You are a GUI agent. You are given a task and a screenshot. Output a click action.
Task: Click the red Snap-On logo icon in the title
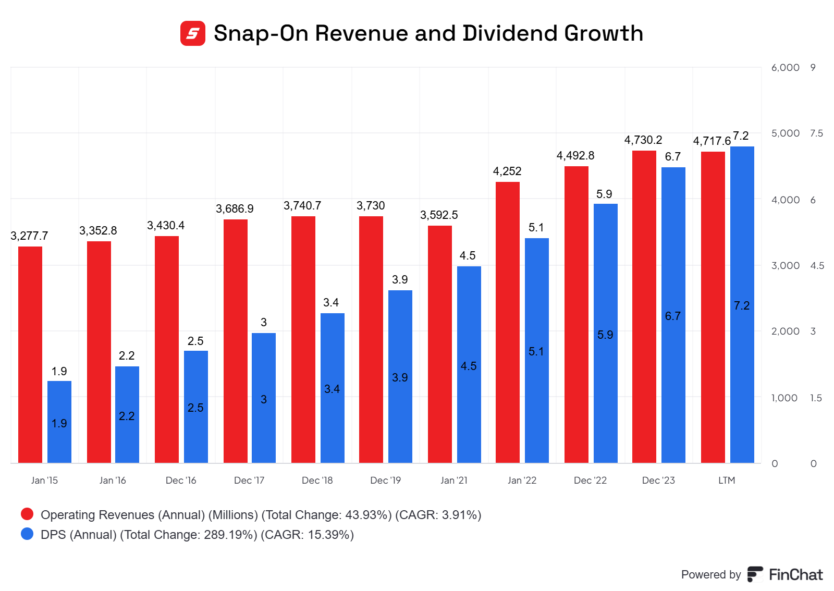[193, 33]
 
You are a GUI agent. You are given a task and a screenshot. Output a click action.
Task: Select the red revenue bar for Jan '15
[30, 354]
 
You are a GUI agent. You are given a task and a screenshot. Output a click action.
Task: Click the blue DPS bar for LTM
[742, 304]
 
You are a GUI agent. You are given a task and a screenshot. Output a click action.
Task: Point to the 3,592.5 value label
[439, 215]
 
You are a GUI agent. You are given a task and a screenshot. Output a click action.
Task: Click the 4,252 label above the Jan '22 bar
[507, 171]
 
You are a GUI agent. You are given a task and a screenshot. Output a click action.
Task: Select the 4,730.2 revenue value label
[643, 140]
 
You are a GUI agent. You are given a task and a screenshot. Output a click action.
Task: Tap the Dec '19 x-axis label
[385, 480]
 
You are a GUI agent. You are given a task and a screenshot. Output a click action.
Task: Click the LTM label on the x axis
[727, 480]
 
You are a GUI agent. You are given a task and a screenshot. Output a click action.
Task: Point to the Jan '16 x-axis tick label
[113, 480]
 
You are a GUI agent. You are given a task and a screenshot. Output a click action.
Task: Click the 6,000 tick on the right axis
[785, 67]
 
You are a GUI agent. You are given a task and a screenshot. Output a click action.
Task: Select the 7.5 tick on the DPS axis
[816, 133]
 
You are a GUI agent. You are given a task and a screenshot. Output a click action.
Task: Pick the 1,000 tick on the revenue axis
[784, 398]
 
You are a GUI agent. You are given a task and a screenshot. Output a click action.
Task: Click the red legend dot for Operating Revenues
[27, 514]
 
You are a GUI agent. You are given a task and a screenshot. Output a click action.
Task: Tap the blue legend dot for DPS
[27, 534]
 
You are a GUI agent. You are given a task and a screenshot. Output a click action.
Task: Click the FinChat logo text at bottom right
[795, 574]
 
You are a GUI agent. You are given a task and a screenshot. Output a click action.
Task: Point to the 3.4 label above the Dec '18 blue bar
[331, 302]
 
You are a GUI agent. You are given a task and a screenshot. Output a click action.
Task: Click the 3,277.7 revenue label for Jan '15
[29, 236]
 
